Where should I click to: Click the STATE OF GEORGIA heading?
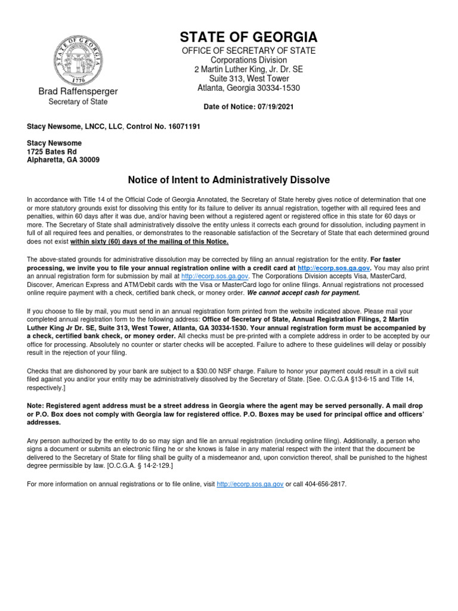(x=249, y=37)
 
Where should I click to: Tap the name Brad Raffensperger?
(x=78, y=91)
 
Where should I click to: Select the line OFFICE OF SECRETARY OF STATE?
(x=249, y=51)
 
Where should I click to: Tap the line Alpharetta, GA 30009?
(x=63, y=160)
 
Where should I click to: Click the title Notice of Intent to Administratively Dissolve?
(x=229, y=180)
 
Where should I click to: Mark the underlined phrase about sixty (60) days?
(x=149, y=242)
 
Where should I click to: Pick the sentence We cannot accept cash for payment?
(x=304, y=292)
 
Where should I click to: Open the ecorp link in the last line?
(x=250, y=484)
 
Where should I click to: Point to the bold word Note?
(x=36, y=405)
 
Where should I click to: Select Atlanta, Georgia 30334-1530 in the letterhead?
(x=249, y=88)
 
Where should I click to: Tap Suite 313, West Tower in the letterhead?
(x=249, y=79)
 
